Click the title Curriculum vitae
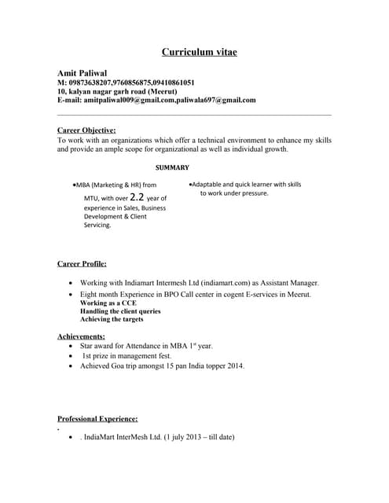(x=199, y=53)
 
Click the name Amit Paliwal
(x=83, y=72)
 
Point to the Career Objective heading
(x=87, y=130)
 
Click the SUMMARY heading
(x=172, y=167)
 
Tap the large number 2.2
(x=137, y=197)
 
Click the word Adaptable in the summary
(x=210, y=184)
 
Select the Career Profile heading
(x=83, y=263)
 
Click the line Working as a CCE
(x=108, y=303)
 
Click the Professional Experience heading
(x=98, y=419)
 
